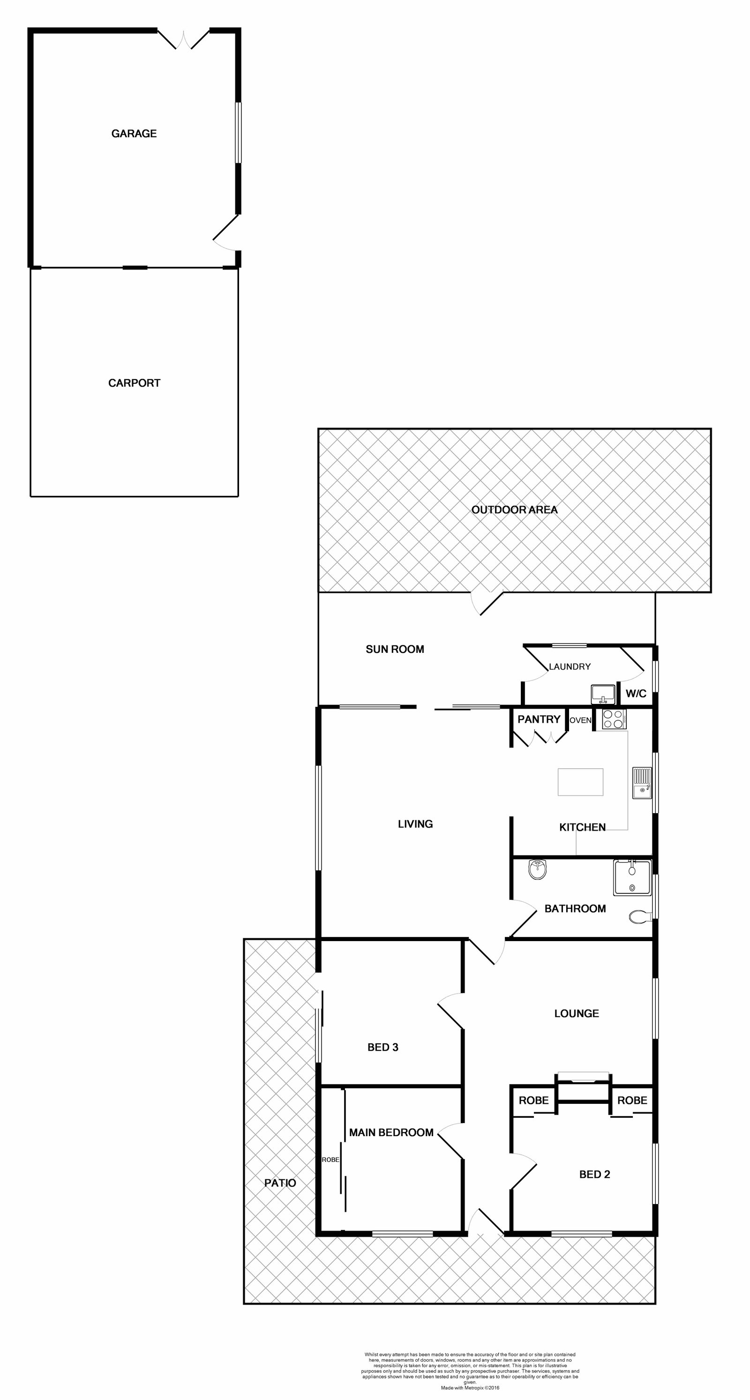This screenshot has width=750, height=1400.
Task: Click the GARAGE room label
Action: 134,134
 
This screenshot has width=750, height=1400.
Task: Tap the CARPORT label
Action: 134,383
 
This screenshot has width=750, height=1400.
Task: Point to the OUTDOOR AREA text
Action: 514,510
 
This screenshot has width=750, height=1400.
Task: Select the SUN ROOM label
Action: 395,649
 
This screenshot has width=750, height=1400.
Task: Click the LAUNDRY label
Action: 570,666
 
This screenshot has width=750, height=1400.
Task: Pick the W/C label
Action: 636,694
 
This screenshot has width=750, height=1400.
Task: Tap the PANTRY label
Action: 539,719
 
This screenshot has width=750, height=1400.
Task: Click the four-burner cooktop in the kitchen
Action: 614,719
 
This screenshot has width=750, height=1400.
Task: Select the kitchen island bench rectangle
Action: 580,782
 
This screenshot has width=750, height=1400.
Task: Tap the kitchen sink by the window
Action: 642,783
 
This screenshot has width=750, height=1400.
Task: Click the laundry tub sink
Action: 603,694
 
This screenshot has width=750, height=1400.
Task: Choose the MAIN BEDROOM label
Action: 391,1133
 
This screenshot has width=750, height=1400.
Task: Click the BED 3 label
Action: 382,1047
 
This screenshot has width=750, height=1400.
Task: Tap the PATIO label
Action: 280,1183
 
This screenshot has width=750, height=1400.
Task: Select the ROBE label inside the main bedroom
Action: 330,1160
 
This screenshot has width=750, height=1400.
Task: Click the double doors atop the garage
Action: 184,39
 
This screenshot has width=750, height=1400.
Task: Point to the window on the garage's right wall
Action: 238,133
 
